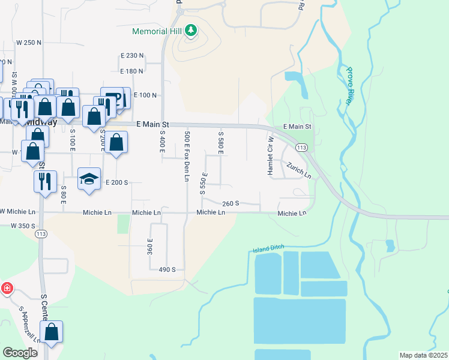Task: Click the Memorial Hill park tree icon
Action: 190,29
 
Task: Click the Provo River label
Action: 350,86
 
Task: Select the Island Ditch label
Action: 268,248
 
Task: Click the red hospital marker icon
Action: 7,289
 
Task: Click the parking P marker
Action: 116,97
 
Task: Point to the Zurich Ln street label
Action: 298,171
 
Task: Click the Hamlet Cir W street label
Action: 271,155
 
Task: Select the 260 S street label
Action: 231,204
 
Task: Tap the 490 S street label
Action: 166,270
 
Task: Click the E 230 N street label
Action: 132,56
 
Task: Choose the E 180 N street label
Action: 132,71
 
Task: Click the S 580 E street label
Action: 221,143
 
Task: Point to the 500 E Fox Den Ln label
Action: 187,157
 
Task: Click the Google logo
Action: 20,353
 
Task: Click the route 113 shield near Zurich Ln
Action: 301,148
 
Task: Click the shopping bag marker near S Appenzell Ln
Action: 52,332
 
